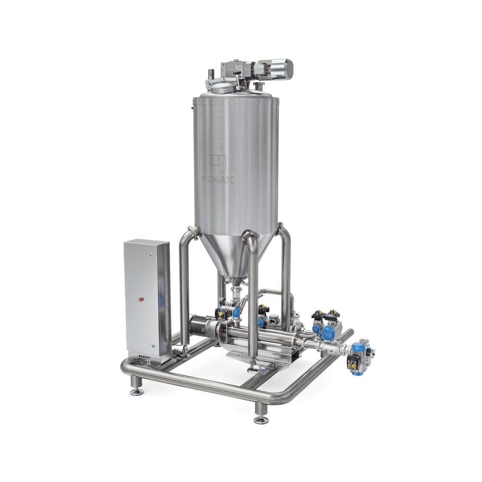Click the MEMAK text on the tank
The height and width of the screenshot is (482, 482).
[217, 179]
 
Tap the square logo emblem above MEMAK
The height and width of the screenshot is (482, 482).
[216, 163]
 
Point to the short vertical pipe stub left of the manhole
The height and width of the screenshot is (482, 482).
[211, 75]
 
